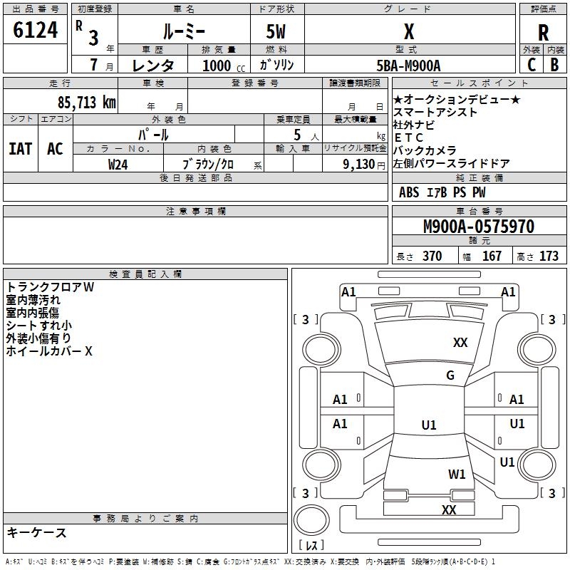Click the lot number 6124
[35, 31]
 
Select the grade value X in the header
[409, 31]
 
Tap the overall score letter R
[543, 33]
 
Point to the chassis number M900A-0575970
[478, 227]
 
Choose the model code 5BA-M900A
[408, 66]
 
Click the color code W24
[118, 165]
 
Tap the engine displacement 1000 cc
[223, 66]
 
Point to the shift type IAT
[20, 149]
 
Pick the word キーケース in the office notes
[36, 532]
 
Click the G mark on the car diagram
[450, 375]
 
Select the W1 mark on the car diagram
[457, 474]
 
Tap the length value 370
[432, 256]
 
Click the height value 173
[549, 256]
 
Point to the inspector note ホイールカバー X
[49, 351]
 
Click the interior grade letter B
[554, 64]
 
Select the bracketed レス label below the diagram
[313, 545]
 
